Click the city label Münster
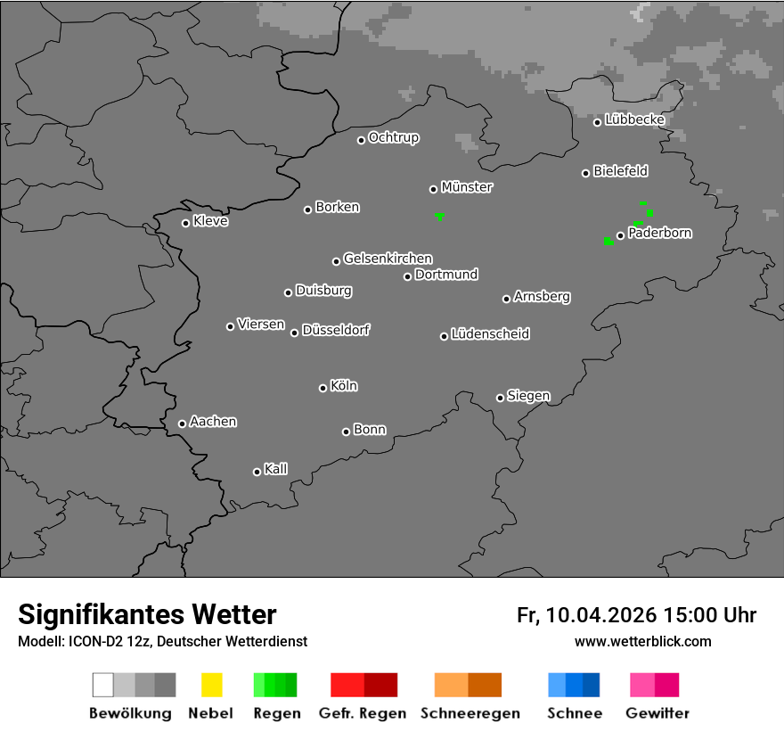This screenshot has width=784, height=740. (x=466, y=187)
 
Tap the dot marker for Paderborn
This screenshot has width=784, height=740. (x=620, y=236)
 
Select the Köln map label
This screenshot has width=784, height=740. (x=343, y=386)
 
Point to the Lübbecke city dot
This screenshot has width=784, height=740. (x=597, y=122)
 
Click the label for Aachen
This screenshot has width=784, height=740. (x=213, y=422)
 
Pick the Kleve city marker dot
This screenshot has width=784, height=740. (x=185, y=223)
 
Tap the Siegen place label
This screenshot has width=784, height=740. (x=528, y=396)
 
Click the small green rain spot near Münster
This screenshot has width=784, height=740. (x=439, y=216)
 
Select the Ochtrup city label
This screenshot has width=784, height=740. (x=393, y=138)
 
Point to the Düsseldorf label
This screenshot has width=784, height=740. (x=335, y=330)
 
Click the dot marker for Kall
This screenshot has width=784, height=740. (x=257, y=472)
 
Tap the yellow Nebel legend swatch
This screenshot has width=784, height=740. (x=211, y=685)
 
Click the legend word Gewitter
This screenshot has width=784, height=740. (x=657, y=713)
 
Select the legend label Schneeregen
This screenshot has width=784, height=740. (x=470, y=713)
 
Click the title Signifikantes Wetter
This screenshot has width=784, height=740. (x=147, y=614)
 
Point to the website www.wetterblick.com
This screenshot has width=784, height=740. (x=642, y=641)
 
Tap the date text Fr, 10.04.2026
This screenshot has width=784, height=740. (x=586, y=615)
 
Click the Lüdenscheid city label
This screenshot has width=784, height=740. (x=490, y=334)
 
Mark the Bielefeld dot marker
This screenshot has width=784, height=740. (x=585, y=173)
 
